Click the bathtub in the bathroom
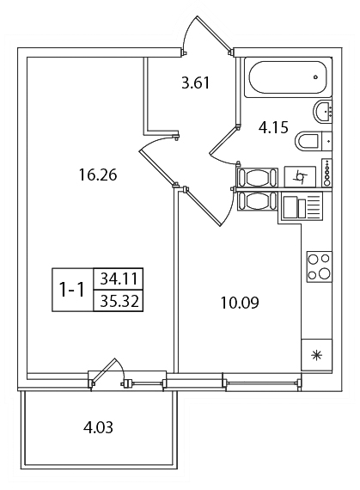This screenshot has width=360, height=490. [287, 77]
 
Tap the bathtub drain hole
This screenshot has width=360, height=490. [315, 77]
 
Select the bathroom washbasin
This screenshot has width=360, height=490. [322, 111]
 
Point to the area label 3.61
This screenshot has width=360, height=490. [196, 83]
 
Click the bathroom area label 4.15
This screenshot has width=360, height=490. [273, 127]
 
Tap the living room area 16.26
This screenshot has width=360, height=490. [98, 175]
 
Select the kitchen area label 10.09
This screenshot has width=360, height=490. [240, 303]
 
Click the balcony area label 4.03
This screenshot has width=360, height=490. [98, 427]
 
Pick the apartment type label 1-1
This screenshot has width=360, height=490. [72, 290]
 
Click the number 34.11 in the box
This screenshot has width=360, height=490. [119, 279]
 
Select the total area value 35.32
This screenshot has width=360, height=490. [119, 301]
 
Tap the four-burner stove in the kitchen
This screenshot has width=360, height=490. [319, 266]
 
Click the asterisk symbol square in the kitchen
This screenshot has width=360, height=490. [316, 355]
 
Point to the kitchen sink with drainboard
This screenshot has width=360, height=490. [302, 206]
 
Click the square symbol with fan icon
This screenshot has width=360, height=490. [300, 177]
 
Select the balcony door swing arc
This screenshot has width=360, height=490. [120, 369]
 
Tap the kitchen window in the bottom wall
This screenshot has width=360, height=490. [262, 382]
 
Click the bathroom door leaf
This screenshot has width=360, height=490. [223, 140]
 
